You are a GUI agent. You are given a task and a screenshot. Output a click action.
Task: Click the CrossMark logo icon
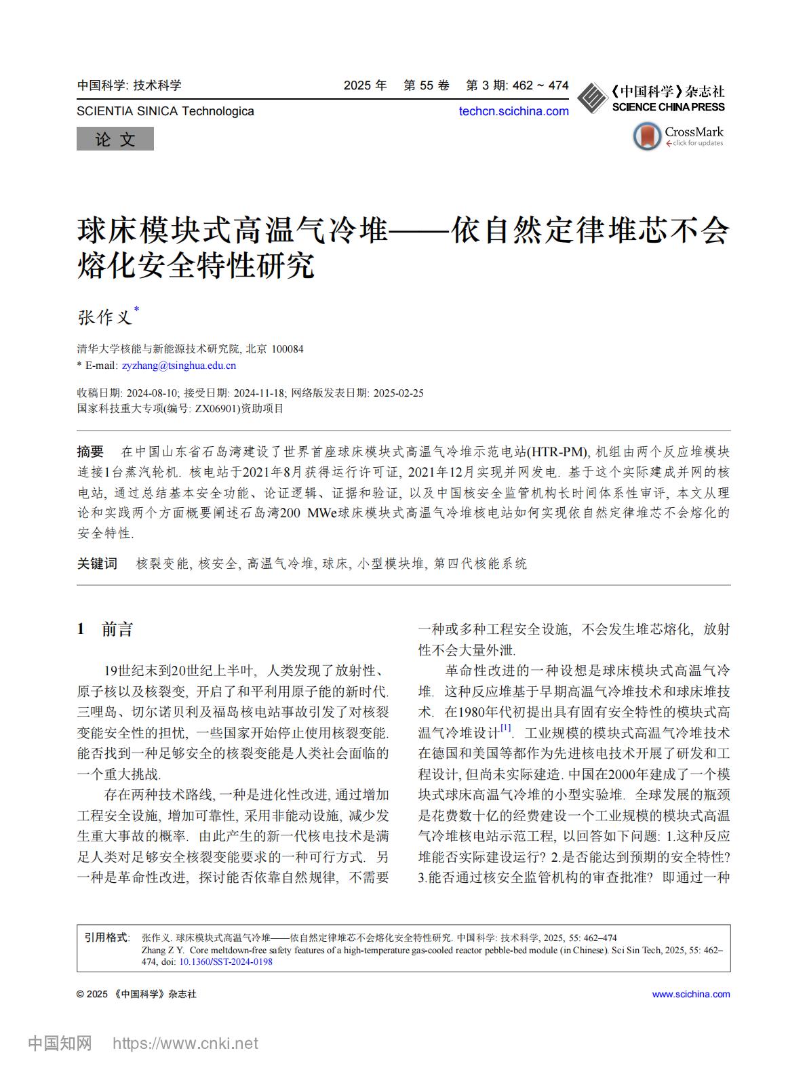(647, 136)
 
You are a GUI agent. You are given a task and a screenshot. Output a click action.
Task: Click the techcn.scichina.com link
(513, 111)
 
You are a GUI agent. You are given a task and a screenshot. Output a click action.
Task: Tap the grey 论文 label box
(115, 140)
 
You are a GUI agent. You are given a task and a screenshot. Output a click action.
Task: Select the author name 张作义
(105, 317)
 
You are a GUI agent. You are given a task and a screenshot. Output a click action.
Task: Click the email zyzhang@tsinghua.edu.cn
(179, 365)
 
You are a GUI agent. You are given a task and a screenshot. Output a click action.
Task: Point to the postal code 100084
(288, 349)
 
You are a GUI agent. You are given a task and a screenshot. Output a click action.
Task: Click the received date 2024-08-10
(153, 393)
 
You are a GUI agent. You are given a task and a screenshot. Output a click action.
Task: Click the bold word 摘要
(91, 452)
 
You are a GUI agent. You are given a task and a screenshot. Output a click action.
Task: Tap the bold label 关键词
(97, 563)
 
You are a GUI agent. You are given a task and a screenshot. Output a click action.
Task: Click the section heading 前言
(117, 629)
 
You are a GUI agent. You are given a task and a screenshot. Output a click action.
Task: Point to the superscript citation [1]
(506, 728)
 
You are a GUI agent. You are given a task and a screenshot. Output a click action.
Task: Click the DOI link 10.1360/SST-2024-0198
(226, 961)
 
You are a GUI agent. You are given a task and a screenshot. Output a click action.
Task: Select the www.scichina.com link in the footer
(691, 994)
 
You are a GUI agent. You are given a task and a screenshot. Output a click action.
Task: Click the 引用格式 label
(106, 938)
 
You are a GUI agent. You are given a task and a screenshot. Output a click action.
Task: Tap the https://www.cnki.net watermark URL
(185, 1043)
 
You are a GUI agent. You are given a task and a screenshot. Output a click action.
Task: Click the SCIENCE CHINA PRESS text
(668, 107)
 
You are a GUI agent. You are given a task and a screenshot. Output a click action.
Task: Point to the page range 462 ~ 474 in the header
(540, 85)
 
